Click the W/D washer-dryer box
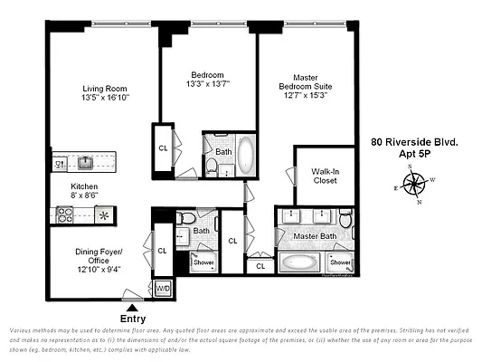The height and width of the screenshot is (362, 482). point(163,289)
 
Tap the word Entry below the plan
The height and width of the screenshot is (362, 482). point(133,319)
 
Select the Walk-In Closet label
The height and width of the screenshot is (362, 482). point(324,176)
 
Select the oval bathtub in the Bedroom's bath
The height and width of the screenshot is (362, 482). point(247,156)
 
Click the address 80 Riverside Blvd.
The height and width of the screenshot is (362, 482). point(414,142)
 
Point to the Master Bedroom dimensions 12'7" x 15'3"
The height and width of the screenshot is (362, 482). point(303,94)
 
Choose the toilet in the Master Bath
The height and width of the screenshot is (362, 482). point(345,218)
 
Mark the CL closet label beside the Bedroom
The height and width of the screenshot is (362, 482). point(163,148)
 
